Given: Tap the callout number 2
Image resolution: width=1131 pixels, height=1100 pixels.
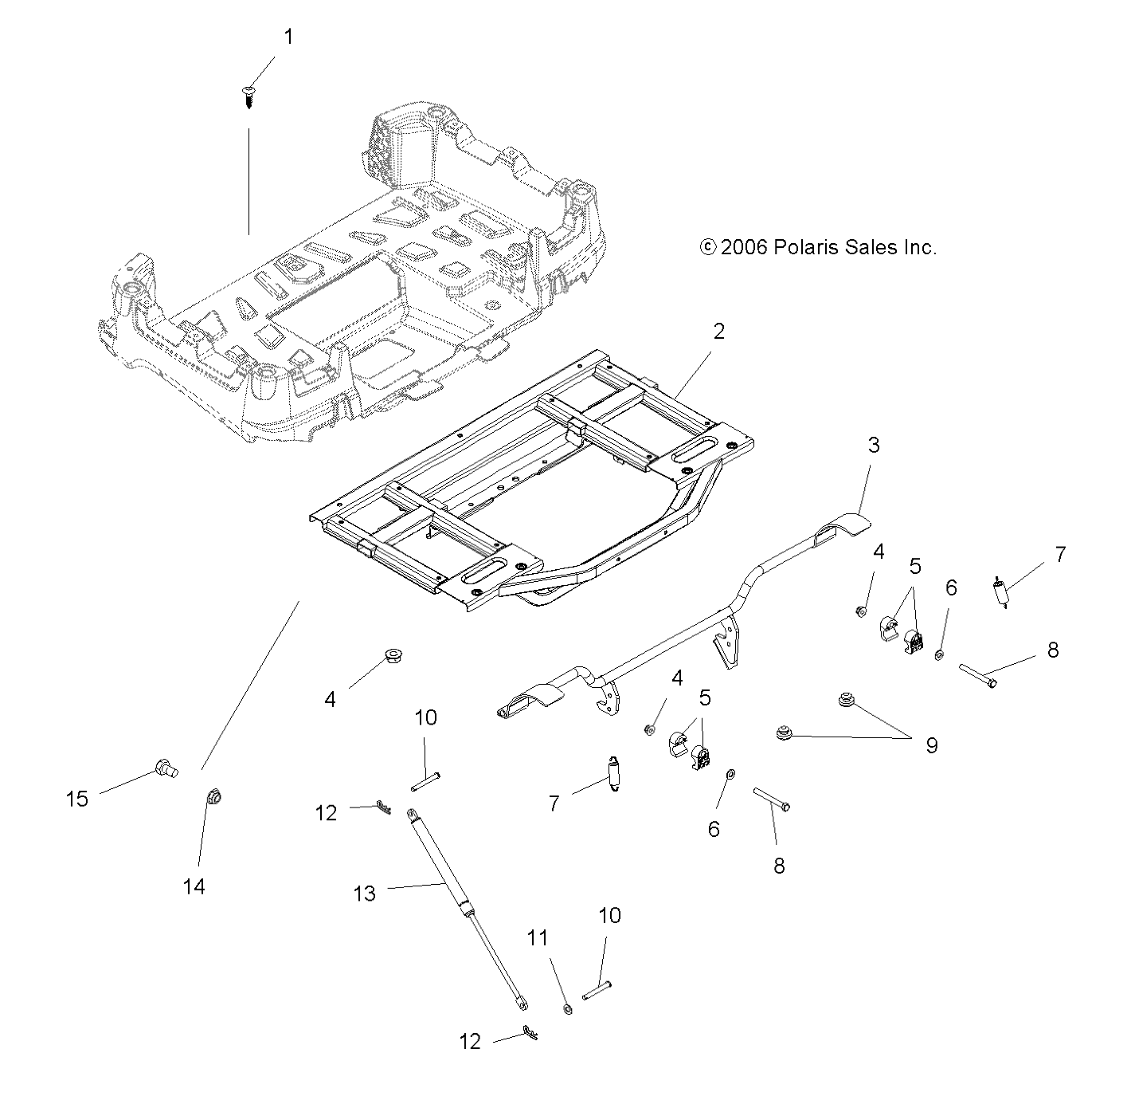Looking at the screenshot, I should coord(718,331).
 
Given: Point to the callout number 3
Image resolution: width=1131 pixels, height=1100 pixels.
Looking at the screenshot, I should coord(874,445).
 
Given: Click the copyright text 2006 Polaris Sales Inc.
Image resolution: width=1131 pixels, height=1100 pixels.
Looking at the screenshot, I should coord(818,247).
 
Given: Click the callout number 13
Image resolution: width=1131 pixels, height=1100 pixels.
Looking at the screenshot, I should coord(364,894).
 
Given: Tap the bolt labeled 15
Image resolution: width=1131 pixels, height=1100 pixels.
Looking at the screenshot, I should coord(165,768).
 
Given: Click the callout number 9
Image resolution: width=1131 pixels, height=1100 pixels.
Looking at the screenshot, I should coord(931,745).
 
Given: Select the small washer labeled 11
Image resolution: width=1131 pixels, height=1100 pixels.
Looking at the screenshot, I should coord(567,1009).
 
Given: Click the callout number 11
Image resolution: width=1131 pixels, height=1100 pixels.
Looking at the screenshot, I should coord(538,938).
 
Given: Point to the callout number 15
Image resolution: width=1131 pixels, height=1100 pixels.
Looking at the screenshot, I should coord(77,798).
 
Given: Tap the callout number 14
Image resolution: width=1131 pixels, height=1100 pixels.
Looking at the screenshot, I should coord(194,886).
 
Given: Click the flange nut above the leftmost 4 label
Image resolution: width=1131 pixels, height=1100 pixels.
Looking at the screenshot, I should coord(391,656).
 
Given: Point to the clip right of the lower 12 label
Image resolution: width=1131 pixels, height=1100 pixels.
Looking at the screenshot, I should coord(530,1034).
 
